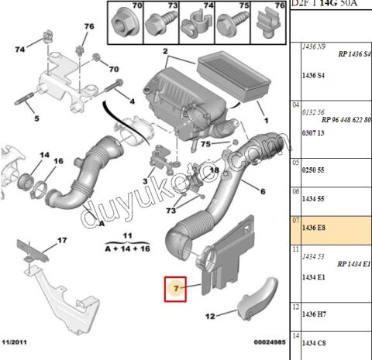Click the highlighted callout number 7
point(177,290)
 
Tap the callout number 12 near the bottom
point(209,316)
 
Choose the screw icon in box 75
point(232,23)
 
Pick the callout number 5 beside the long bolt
point(35,118)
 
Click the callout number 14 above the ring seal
point(22,156)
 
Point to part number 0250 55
point(312,173)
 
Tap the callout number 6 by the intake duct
point(262,191)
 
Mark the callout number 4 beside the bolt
point(132,101)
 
